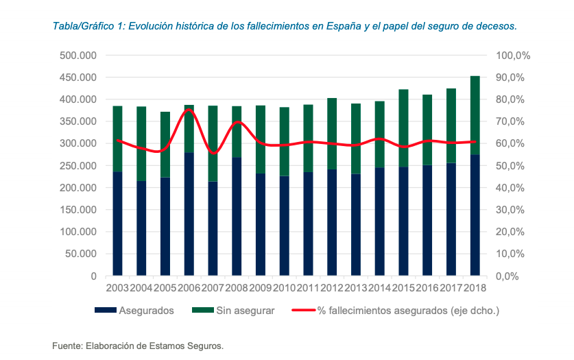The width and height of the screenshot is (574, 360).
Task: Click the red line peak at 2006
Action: [x=189, y=110]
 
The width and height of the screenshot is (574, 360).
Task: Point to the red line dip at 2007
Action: [x=213, y=153]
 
